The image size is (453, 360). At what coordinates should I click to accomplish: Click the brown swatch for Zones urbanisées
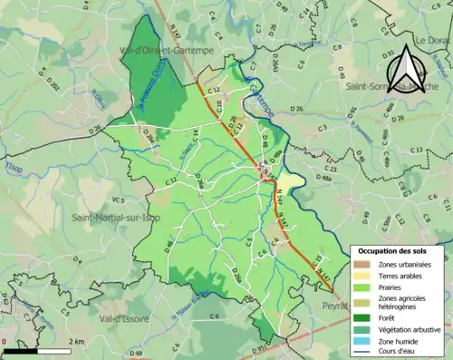tap(361, 263)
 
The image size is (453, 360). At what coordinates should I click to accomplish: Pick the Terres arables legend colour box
tap(361, 274)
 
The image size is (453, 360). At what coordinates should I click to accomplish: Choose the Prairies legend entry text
tap(390, 286)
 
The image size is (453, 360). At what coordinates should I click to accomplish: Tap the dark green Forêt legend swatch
tap(361, 317)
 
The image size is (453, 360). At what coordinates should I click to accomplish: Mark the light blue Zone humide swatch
tap(361, 340)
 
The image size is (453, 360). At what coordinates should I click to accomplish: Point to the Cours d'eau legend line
tap(361, 351)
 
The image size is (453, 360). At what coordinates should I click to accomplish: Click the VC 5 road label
tap(117, 199)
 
